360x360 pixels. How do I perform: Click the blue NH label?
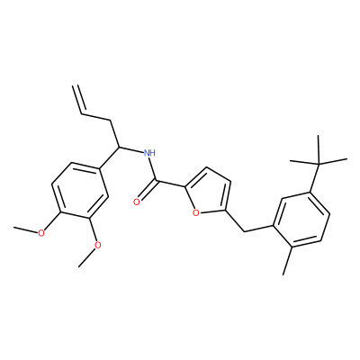click(x=149, y=153)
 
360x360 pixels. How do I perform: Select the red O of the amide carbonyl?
click(x=137, y=202)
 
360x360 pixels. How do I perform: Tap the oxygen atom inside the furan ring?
click(x=196, y=213)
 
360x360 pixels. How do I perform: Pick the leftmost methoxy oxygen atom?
click(x=41, y=233)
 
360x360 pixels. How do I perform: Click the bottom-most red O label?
click(x=97, y=245)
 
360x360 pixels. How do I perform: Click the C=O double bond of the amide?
click(x=147, y=190)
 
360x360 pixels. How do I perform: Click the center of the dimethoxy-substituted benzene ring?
click(x=80, y=190)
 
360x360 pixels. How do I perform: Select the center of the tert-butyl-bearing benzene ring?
click(x=301, y=219)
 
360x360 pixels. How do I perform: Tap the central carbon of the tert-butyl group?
click(x=319, y=163)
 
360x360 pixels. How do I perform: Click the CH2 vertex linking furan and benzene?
click(x=245, y=231)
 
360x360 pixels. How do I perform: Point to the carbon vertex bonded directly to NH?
click(x=119, y=147)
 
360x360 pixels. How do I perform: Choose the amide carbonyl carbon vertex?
click(x=157, y=181)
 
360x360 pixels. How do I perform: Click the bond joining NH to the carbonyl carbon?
click(x=153, y=169)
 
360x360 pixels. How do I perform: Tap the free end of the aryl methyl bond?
click(x=283, y=274)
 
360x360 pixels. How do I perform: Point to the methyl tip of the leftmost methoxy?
click(x=14, y=228)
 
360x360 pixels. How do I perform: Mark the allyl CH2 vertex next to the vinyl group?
click(x=110, y=121)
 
